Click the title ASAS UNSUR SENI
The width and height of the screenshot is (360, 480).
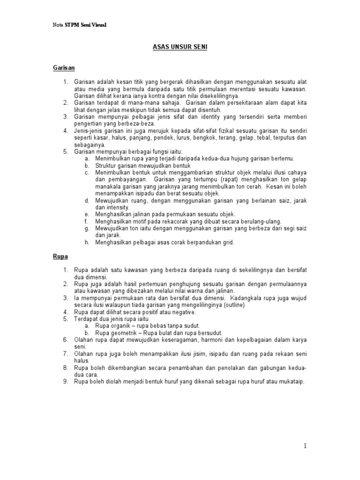[x=180, y=47]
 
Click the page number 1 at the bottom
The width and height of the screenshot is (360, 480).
[x=305, y=446]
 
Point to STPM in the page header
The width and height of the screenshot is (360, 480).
[x=73, y=25]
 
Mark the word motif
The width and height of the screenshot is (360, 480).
[x=135, y=221]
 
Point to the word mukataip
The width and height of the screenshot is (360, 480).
[x=292, y=382]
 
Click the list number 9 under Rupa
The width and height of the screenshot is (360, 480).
[x=66, y=382]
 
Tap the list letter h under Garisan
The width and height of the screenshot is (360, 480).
[x=87, y=242]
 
